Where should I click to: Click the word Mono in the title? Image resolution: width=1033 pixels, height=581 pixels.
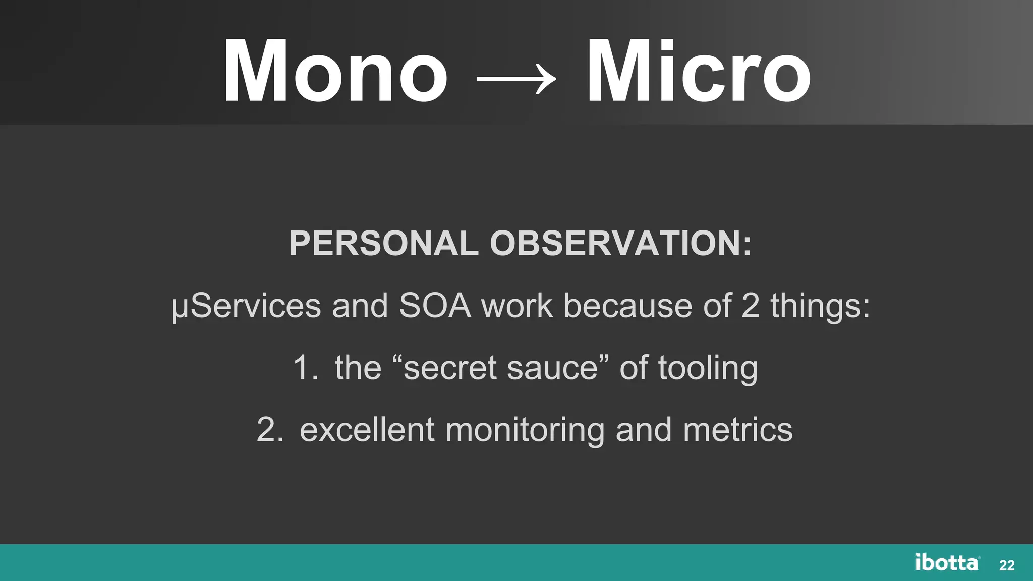pos(335,72)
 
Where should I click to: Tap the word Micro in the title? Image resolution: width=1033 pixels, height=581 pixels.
pos(699,72)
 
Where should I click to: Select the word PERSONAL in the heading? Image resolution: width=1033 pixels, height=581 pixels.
pos(383,244)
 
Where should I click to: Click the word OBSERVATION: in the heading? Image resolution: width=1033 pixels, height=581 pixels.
pos(621,244)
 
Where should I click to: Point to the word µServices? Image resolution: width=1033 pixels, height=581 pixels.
pos(246,306)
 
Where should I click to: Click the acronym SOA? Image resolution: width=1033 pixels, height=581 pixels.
pos(435,306)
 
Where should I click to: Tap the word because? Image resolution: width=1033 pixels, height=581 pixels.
pos(628,306)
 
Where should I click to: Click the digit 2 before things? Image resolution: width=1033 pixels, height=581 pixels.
pos(750,306)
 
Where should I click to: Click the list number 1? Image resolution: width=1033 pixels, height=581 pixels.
pos(304,368)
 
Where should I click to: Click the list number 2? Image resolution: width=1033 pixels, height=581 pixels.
pos(269,430)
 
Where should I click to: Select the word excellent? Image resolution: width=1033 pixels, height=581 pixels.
pos(367,430)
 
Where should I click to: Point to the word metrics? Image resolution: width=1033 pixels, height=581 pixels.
pos(737,430)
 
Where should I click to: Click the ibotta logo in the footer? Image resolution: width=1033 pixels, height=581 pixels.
pos(947,562)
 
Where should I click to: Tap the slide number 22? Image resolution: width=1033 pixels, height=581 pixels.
pos(1007,566)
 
